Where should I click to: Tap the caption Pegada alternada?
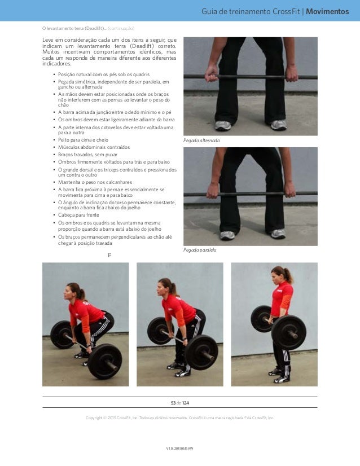(x=201, y=140)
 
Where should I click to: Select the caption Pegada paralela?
(x=200, y=250)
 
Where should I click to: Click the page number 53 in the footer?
(x=173, y=402)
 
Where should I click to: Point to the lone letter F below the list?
(x=109, y=256)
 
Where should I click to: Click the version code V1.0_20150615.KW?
(x=179, y=449)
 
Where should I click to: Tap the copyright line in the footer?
(x=179, y=418)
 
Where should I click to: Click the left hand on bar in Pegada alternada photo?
(x=211, y=73)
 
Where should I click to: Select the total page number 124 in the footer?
(x=186, y=402)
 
